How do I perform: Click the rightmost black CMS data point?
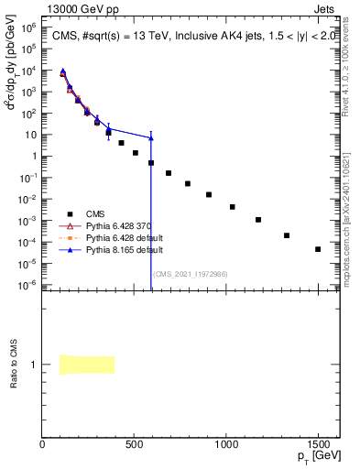tap(318, 249)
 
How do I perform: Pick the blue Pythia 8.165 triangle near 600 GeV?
tap(151, 137)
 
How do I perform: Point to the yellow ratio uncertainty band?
tap(87, 365)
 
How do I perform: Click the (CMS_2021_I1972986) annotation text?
tap(190, 274)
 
